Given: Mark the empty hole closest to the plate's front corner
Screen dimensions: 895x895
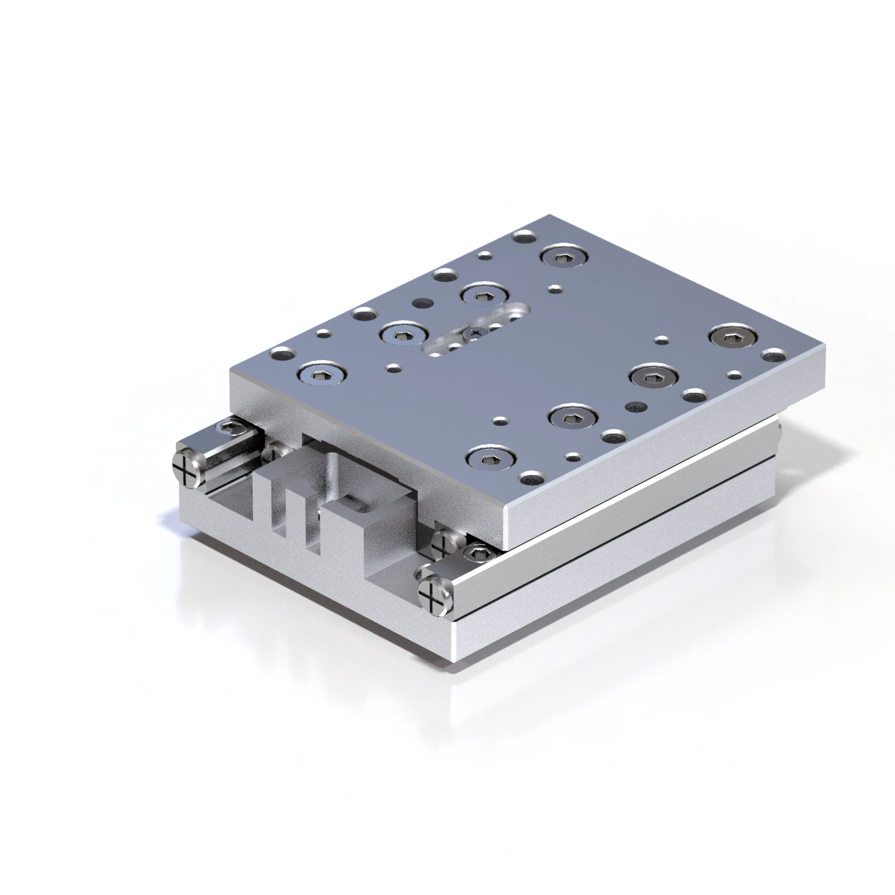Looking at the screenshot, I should click(529, 479).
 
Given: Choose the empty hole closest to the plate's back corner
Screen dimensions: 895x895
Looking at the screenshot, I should click(524, 238).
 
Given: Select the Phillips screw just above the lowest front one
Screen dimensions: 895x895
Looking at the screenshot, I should click(444, 541).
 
